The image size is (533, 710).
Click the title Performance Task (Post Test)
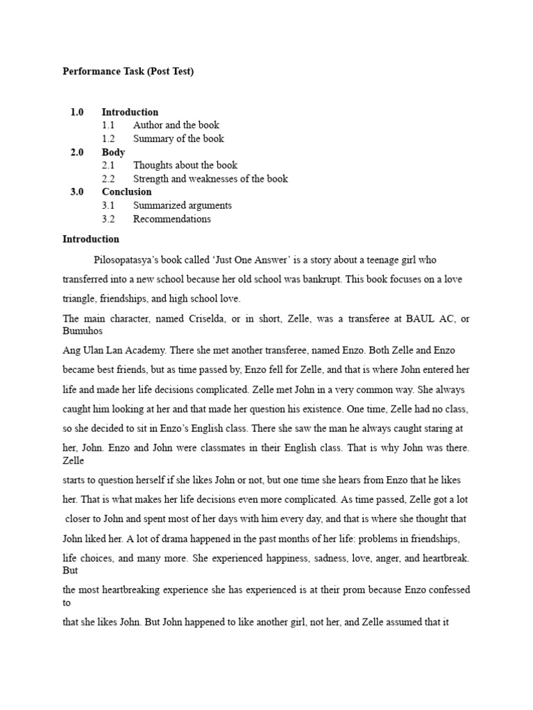(128, 71)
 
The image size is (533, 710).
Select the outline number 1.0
(76, 112)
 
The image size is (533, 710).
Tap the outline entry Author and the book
(176, 125)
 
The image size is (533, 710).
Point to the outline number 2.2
(108, 179)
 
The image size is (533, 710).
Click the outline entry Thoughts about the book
(185, 165)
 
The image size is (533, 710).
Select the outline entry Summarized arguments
(183, 205)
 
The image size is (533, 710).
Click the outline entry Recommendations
(172, 219)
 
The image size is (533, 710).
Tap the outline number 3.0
(76, 192)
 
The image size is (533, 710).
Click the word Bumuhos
(83, 331)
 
